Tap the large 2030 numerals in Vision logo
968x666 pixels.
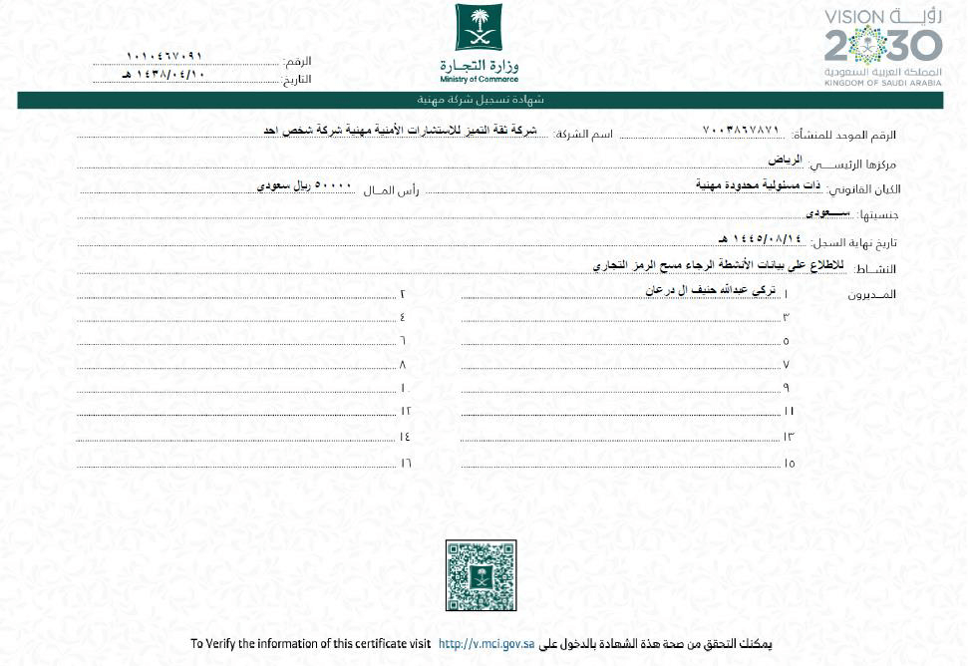point(883,46)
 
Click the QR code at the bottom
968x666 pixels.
point(481,575)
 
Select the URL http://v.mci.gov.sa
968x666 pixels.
point(486,644)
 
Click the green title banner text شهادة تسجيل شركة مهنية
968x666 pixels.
point(481,100)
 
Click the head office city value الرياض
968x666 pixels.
point(785,160)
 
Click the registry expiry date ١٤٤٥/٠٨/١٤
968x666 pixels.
point(760,239)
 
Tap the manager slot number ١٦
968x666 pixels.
point(406,463)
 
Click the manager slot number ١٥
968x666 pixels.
point(790,463)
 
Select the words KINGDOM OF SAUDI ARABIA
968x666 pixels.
point(882,84)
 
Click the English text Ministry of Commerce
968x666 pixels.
point(480,79)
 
